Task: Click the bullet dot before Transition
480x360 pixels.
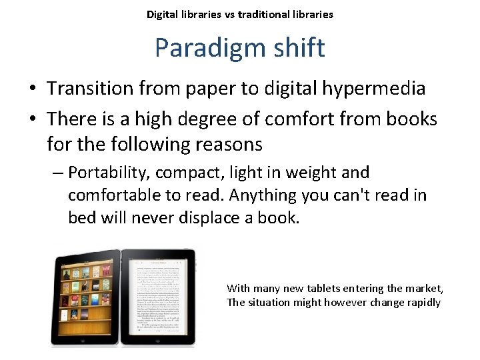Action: pyautogui.click(x=33, y=89)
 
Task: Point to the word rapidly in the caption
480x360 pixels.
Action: pyautogui.click(x=421, y=303)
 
